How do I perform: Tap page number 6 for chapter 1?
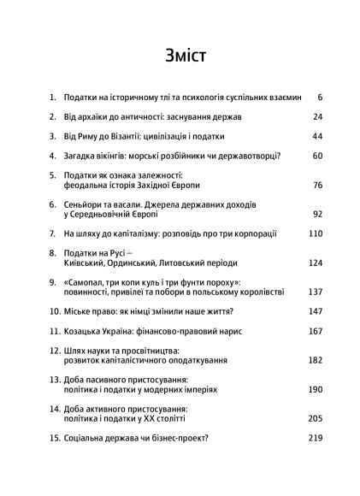pos(319,97)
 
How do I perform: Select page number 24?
pos(316,117)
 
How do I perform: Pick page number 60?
pos(316,156)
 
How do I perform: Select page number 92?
pos(316,214)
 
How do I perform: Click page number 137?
pos(314,292)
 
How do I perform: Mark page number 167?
pos(314,331)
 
